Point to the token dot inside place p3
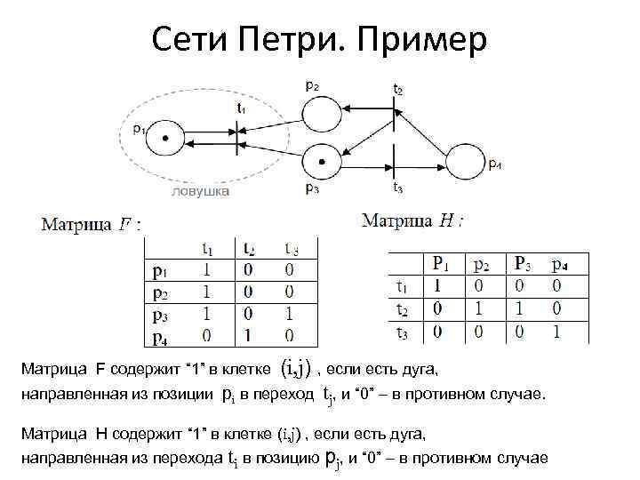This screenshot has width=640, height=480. (x=322, y=162)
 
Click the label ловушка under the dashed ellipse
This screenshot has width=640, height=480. (x=201, y=190)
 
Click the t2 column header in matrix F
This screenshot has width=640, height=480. (x=250, y=249)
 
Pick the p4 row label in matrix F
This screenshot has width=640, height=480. (x=160, y=336)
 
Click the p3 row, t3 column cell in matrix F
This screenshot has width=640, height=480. (x=290, y=314)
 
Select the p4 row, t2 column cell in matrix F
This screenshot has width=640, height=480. (x=250, y=336)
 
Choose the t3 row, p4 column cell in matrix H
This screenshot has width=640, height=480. (x=556, y=331)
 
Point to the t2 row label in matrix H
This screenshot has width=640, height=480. (x=402, y=309)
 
